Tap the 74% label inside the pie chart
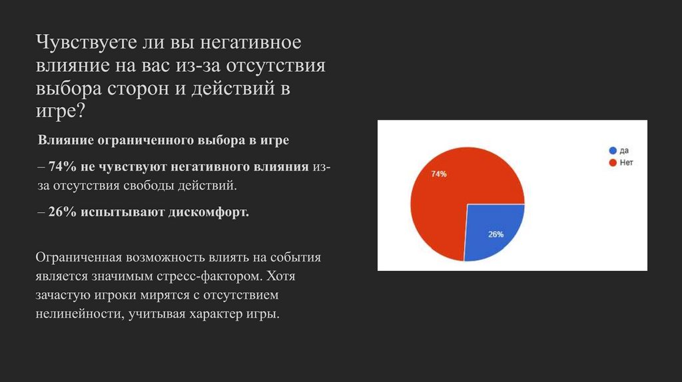point(438,174)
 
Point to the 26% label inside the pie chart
point(496,234)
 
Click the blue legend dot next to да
point(612,150)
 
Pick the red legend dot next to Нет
point(612,162)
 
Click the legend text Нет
point(625,162)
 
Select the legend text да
point(624,150)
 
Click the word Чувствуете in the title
point(84,44)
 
